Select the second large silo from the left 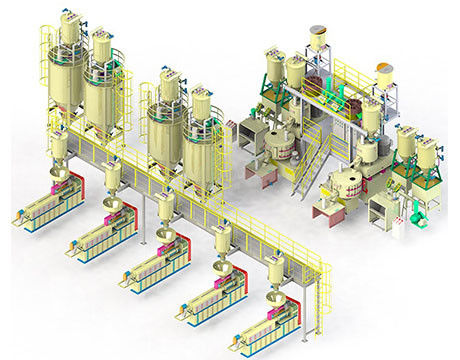[x=104, y=95]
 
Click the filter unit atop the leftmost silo [x=70, y=23]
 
